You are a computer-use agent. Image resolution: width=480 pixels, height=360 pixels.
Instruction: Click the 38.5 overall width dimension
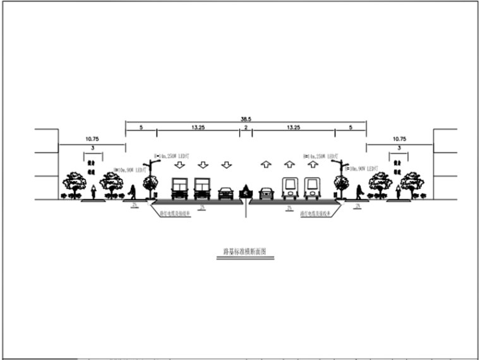[246, 118]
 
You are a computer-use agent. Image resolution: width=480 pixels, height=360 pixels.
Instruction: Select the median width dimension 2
[245, 128]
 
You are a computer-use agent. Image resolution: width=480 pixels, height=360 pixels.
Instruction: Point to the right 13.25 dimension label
[293, 128]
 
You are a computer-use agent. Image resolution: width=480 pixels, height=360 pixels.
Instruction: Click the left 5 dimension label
[141, 128]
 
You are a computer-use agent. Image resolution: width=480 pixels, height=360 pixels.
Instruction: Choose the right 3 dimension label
[399, 148]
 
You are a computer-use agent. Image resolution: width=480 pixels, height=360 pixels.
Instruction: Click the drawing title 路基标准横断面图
[246, 251]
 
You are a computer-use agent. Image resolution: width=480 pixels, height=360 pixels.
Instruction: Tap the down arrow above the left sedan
[226, 165]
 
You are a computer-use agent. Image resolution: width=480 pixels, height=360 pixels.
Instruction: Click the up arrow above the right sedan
[266, 165]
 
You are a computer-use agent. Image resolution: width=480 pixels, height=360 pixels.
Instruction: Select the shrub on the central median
[246, 191]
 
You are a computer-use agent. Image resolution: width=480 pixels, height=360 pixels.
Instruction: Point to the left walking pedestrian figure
[133, 191]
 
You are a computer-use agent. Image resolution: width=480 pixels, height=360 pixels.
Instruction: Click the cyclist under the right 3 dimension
[398, 191]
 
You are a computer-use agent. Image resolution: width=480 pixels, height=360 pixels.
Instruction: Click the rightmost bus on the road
[312, 188]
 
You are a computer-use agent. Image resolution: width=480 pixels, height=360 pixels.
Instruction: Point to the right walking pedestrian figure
[359, 191]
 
